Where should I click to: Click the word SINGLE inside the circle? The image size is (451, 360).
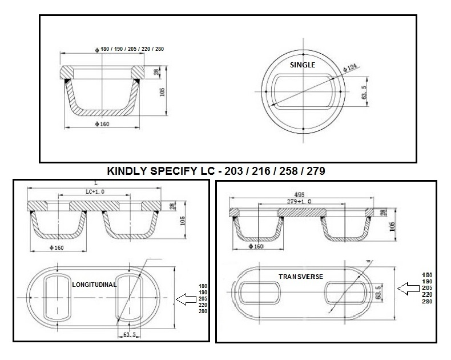[303, 65]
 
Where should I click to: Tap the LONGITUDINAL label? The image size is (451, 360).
[95, 284]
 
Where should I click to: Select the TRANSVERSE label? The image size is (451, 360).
[300, 277]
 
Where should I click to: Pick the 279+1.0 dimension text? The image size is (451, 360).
[300, 201]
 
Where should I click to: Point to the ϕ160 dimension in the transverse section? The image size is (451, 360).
[255, 246]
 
